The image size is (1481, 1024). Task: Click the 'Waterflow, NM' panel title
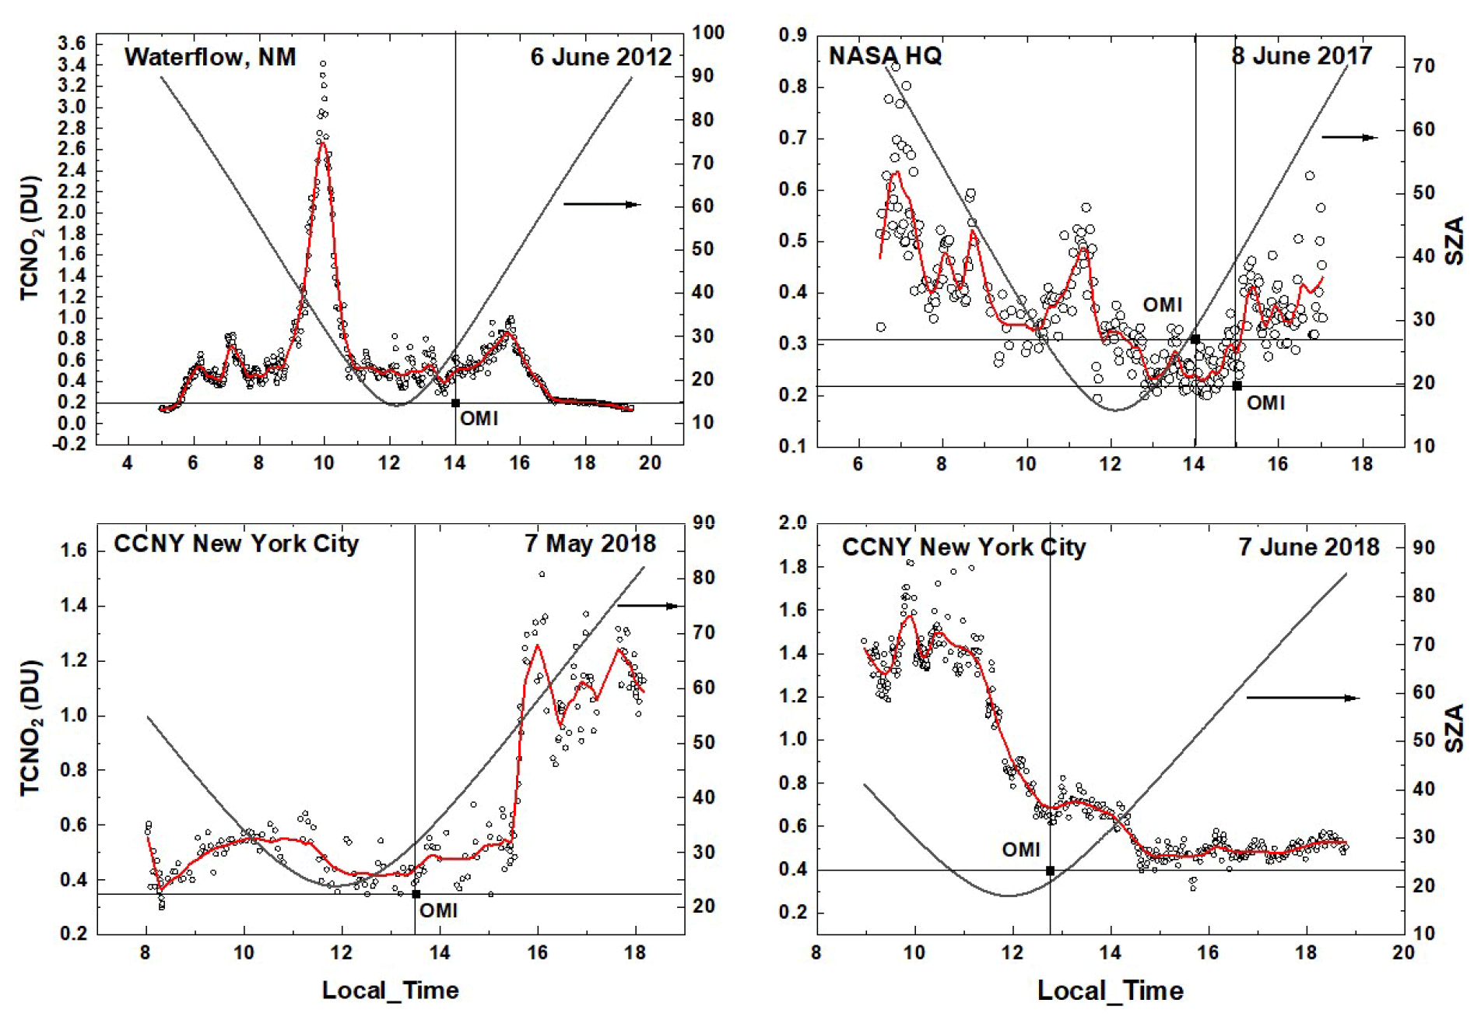(x=210, y=57)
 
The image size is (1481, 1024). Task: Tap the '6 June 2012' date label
(x=600, y=57)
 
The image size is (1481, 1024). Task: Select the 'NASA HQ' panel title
(x=885, y=56)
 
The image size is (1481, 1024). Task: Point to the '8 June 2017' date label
(x=1301, y=56)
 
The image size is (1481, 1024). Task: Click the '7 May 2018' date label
(x=590, y=544)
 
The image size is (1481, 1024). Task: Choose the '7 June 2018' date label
(x=1309, y=547)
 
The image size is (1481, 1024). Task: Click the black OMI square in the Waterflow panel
(x=455, y=403)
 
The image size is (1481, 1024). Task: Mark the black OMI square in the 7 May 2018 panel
(x=416, y=894)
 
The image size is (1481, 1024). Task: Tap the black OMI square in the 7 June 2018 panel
(x=1050, y=871)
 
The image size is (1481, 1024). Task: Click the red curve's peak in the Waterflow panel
(x=323, y=142)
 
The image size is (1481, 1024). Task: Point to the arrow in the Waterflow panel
(x=601, y=205)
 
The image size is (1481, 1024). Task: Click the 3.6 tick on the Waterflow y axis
(x=72, y=44)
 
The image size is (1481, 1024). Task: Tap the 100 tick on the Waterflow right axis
(x=708, y=33)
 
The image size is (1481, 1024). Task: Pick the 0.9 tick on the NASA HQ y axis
(x=793, y=35)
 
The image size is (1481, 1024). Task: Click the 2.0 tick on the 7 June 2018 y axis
(x=793, y=523)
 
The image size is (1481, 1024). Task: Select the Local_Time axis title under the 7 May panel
(x=390, y=991)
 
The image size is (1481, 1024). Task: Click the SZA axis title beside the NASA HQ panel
(x=1454, y=241)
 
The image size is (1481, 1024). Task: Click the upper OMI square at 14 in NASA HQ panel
(x=1195, y=340)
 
